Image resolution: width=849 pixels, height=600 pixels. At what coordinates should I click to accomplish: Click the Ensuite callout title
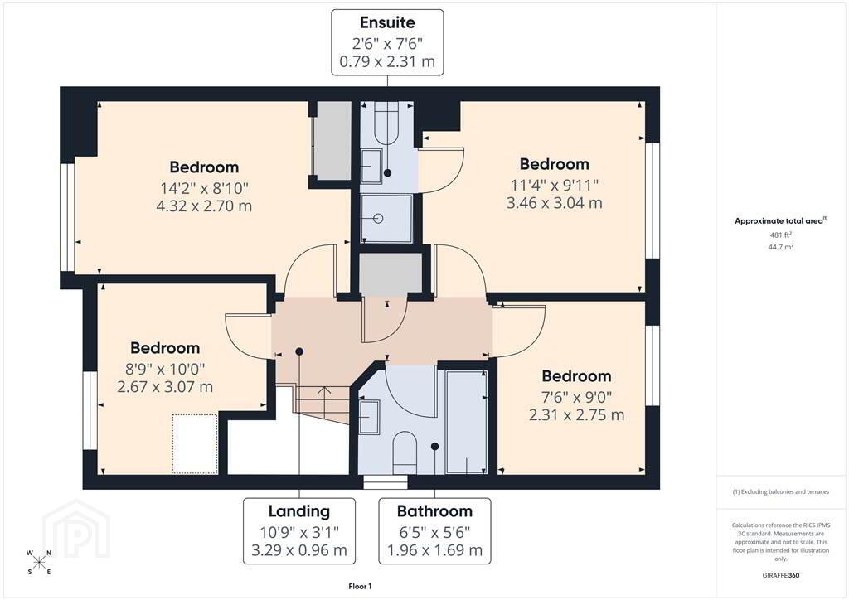[x=387, y=22]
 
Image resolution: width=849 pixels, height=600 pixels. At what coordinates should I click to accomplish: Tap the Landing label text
[x=298, y=511]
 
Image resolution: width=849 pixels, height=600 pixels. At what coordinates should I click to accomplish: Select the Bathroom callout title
[x=434, y=511]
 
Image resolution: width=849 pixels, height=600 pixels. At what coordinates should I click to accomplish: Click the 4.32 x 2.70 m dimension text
[x=204, y=206]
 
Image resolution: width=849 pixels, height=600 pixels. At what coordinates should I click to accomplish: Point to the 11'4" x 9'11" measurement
[x=554, y=185]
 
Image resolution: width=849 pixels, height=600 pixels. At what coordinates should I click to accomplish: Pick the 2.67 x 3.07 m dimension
[x=165, y=387]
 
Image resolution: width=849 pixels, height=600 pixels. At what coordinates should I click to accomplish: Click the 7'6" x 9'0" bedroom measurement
[x=576, y=397]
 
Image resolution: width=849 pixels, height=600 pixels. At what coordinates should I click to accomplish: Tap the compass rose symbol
[x=39, y=562]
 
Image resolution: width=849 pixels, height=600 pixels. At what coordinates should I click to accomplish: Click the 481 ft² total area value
[x=780, y=235]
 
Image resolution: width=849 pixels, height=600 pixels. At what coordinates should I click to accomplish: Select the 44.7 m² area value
[x=780, y=247]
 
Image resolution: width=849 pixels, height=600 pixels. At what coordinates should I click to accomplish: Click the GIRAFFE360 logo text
[x=780, y=575]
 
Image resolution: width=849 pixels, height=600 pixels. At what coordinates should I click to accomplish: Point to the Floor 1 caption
[x=360, y=587]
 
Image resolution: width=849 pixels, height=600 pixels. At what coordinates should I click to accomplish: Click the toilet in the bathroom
[x=404, y=452]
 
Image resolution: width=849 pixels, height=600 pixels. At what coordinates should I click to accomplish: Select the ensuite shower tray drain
[x=378, y=219]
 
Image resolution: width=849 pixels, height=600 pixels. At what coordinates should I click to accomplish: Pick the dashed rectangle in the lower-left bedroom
[x=195, y=443]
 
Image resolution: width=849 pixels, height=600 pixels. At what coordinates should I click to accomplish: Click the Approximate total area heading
[x=780, y=220]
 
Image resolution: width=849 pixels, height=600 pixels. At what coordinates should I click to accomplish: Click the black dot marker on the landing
[x=298, y=351]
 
